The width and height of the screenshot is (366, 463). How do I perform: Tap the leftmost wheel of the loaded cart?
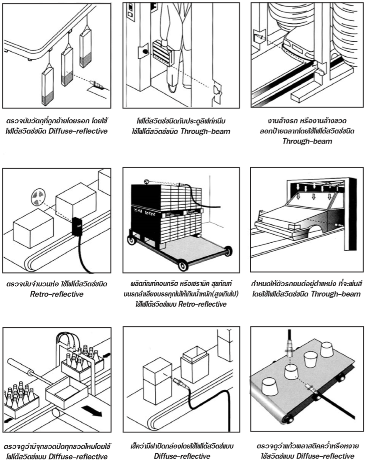[x=134, y=241]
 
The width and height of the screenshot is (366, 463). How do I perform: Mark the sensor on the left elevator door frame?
[x=144, y=51]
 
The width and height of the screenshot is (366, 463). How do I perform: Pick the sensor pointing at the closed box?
[x=177, y=384]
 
